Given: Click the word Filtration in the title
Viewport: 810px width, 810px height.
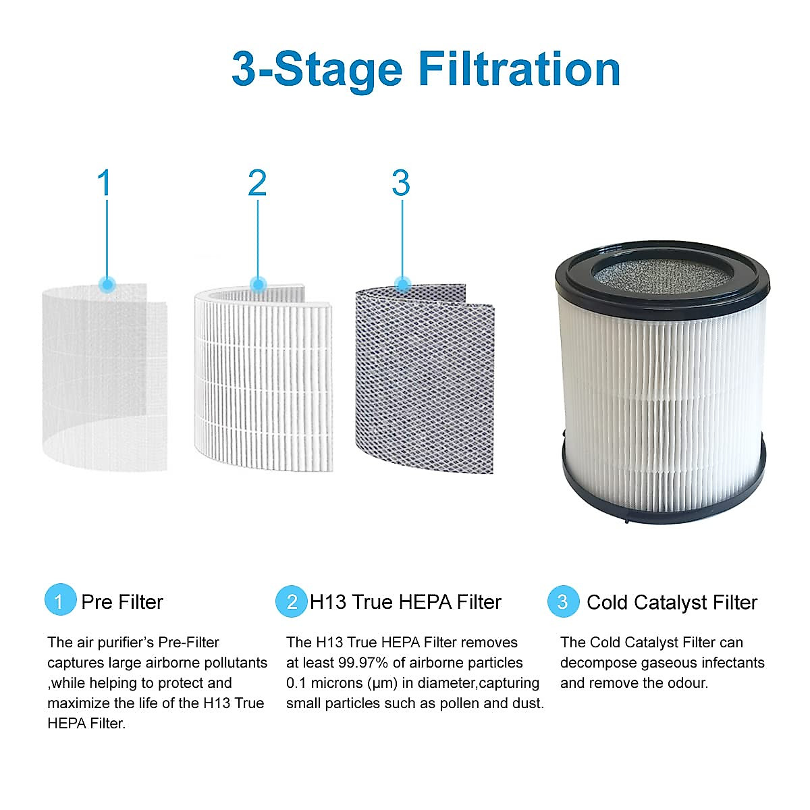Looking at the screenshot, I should click(518, 69).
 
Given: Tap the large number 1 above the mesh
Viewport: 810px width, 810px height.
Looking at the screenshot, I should click(104, 183).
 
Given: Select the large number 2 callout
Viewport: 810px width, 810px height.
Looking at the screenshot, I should click(257, 183).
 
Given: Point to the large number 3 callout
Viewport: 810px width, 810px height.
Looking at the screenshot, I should click(401, 183).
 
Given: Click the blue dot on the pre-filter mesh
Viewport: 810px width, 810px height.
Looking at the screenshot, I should click(107, 284).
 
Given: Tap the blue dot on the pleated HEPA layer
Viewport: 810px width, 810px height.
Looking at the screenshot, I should click(258, 284).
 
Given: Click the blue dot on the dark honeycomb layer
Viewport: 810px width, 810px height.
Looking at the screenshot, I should click(403, 284).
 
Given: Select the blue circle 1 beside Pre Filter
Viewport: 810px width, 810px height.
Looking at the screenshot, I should click(59, 601).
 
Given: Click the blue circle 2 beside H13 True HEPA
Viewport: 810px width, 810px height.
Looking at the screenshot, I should click(292, 601).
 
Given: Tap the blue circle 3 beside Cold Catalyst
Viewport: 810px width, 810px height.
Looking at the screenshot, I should click(562, 601).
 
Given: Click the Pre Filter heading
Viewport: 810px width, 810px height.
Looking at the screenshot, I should click(122, 601).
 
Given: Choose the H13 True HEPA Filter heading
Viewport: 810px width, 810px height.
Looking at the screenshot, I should click(405, 601).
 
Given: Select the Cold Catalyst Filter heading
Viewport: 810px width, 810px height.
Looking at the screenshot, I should click(672, 602).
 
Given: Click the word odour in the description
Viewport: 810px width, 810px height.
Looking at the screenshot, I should click(688, 683).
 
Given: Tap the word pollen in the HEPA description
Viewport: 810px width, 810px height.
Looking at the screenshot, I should click(462, 703).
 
